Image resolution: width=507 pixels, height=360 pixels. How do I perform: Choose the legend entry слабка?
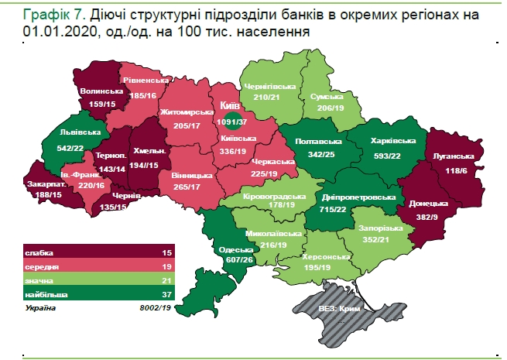pyautogui.click(x=39, y=252)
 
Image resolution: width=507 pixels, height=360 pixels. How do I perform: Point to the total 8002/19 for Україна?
pyautogui.click(x=154, y=308)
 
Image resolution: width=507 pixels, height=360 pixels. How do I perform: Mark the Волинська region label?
pyautogui.click(x=98, y=91)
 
